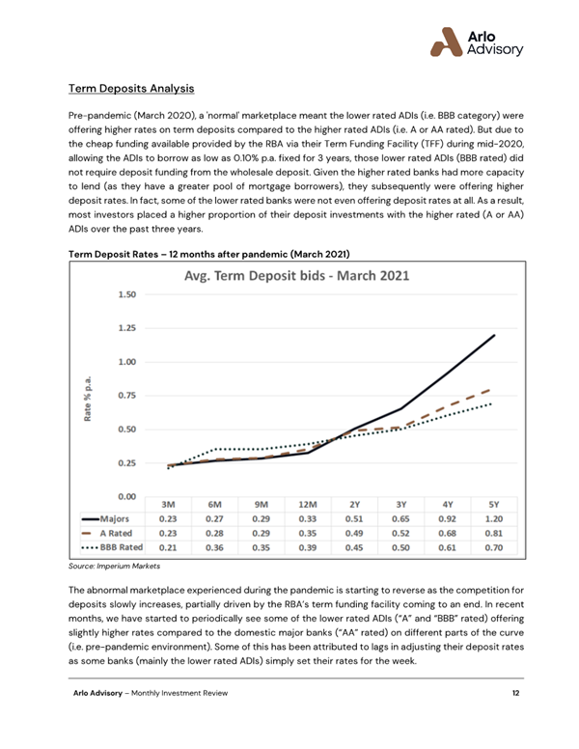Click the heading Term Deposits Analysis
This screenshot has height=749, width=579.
(131, 89)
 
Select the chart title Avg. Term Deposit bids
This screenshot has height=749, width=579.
(297, 275)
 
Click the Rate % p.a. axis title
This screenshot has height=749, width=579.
(89, 396)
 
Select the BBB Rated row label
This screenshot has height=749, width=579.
(114, 546)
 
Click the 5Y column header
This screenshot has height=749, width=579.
(494, 503)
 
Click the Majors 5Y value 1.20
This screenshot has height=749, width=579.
(494, 517)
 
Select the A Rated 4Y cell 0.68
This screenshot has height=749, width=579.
(447, 532)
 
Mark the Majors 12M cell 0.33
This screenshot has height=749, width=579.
(308, 517)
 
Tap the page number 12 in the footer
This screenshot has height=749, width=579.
(516, 720)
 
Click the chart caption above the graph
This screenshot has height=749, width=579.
(207, 252)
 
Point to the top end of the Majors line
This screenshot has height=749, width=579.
(494, 335)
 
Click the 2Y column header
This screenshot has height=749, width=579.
(354, 503)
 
